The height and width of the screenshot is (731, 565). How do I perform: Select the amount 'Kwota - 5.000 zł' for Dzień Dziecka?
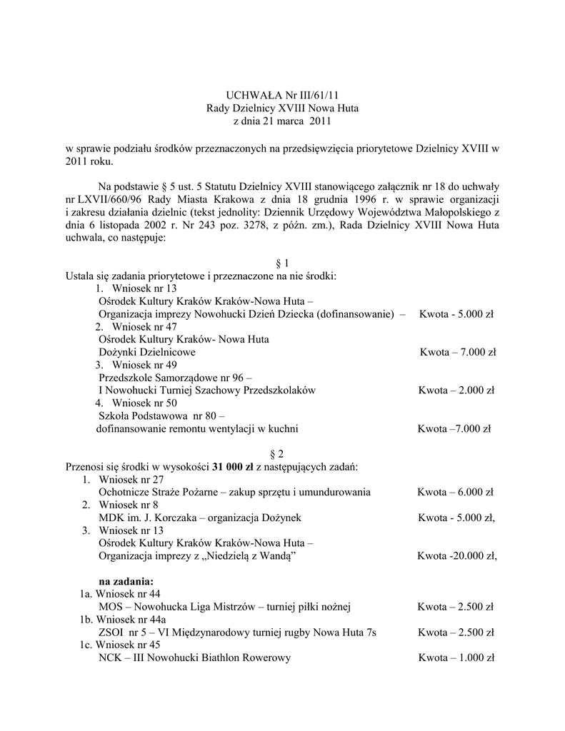(x=456, y=314)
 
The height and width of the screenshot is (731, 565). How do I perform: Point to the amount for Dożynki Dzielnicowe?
(x=458, y=352)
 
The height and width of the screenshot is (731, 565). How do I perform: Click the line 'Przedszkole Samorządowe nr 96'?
(x=171, y=378)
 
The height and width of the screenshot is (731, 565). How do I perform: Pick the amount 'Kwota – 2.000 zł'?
(x=456, y=390)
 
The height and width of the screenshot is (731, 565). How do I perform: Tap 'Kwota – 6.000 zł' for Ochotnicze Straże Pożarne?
(x=455, y=492)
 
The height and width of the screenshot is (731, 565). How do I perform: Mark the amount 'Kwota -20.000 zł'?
(x=457, y=555)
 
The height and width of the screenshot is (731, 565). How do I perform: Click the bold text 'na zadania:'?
(x=126, y=581)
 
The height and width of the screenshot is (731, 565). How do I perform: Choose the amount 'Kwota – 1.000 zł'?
(x=456, y=658)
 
